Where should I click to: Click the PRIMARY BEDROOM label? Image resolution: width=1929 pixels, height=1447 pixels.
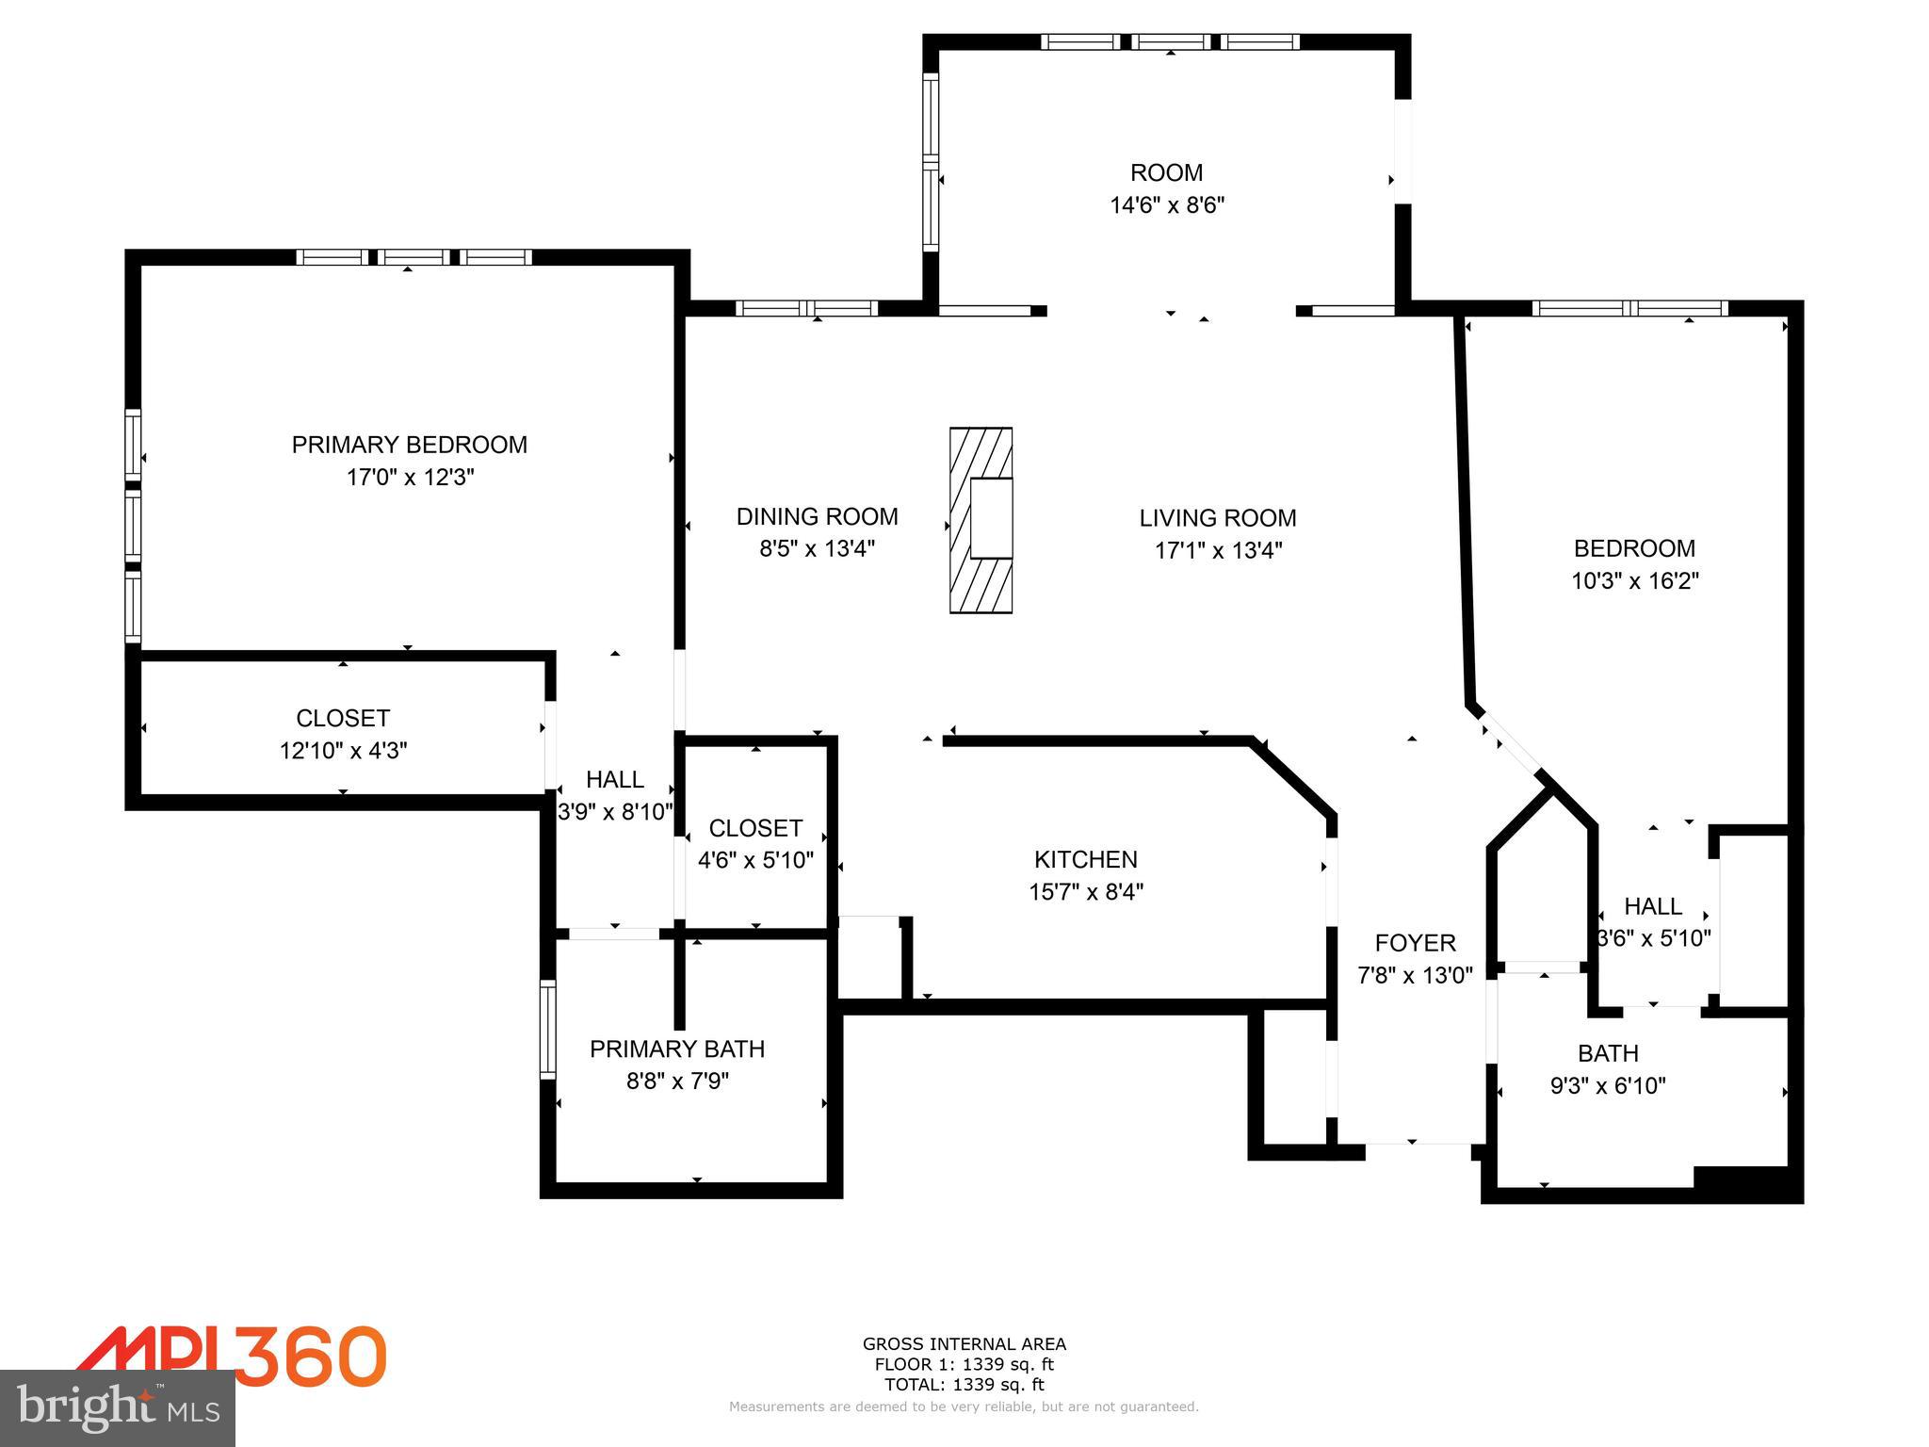(409, 445)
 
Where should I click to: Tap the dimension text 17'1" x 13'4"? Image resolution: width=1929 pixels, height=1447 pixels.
(1218, 550)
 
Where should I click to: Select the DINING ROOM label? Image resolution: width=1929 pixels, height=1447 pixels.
(817, 516)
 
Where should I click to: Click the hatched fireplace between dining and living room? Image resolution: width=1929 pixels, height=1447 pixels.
(981, 520)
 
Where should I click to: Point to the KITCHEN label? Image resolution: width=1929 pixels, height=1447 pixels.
(1085, 859)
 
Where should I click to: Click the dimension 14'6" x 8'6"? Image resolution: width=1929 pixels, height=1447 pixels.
(1166, 205)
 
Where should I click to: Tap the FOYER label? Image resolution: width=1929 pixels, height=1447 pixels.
(1415, 943)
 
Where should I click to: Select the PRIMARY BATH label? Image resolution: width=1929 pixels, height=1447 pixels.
(676, 1049)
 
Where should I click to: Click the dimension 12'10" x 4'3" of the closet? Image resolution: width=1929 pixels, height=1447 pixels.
(343, 751)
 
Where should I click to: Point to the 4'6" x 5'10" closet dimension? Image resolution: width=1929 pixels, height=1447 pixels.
(755, 860)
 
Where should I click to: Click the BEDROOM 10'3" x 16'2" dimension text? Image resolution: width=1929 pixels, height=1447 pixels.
(1634, 580)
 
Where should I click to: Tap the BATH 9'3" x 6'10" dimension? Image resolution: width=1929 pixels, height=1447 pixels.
(1608, 1085)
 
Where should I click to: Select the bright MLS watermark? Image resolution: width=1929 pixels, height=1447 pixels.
(118, 1407)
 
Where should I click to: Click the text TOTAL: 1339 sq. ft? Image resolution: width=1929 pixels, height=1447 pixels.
(964, 1385)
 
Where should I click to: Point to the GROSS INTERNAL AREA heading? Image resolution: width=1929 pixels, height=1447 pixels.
(964, 1344)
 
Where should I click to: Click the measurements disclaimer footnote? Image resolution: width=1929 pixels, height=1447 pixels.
(964, 1406)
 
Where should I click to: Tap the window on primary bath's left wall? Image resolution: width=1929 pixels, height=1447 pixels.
(547, 1029)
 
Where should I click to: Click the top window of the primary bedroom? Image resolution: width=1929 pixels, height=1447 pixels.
(414, 257)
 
